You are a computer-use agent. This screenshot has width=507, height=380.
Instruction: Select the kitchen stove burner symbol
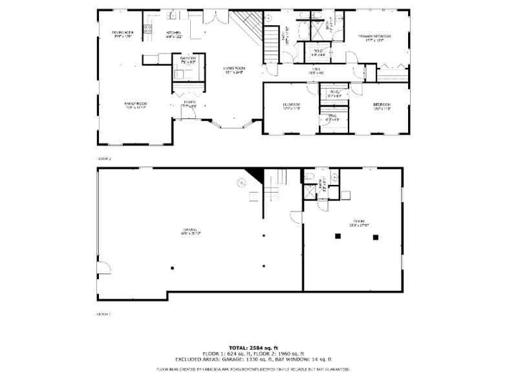click(x=147, y=28)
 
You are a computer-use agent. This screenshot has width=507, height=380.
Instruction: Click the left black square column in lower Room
click(x=338, y=237)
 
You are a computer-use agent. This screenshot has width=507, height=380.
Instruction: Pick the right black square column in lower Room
click(x=375, y=237)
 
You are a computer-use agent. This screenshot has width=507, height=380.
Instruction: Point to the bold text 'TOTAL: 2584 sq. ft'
click(x=253, y=347)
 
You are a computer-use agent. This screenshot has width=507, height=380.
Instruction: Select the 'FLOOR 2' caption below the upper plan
click(x=104, y=158)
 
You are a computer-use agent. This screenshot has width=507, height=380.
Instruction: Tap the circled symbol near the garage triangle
click(x=240, y=184)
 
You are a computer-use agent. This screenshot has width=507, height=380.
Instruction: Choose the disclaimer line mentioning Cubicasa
click(x=253, y=370)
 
